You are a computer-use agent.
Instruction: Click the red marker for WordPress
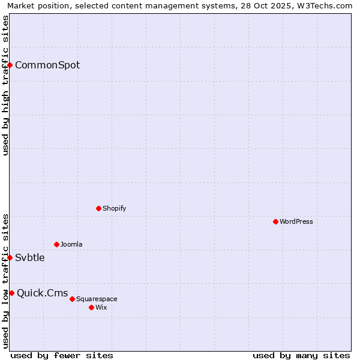(275, 221)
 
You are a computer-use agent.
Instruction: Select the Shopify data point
(98, 208)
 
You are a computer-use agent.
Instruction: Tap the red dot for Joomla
(56, 244)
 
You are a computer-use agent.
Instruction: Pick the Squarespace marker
(72, 299)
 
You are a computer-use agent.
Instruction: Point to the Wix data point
(91, 307)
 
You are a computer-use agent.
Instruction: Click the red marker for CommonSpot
(10, 65)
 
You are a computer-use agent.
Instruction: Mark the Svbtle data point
(10, 257)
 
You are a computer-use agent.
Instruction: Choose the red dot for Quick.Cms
(12, 293)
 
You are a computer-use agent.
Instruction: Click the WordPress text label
(296, 222)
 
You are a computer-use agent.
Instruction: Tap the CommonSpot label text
(47, 65)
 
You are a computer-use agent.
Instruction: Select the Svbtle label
(30, 258)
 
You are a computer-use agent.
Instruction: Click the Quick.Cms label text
(43, 293)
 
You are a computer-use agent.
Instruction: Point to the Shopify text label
(115, 209)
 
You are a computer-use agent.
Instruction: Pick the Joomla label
(71, 245)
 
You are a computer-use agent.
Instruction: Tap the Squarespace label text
(97, 299)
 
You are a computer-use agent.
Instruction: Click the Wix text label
(101, 308)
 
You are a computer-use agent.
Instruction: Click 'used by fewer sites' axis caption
(62, 355)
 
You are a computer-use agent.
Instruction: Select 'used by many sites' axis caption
(301, 355)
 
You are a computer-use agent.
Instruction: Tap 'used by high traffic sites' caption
(5, 85)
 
